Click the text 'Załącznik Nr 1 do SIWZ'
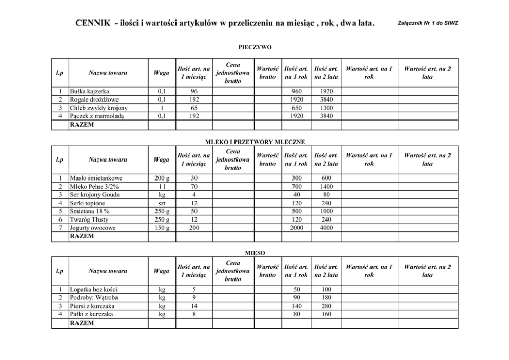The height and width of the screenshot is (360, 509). point(427,24)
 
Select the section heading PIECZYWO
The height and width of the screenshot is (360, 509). point(254,47)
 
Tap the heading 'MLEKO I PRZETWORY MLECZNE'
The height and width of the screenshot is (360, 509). point(254,141)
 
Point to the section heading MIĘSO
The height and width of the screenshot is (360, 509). point(254,253)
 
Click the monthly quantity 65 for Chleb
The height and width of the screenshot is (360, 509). point(193,108)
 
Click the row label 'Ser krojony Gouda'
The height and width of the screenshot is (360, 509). point(95,195)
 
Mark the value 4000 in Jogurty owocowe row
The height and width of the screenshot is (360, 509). point(326,228)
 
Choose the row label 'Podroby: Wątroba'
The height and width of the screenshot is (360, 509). point(95,298)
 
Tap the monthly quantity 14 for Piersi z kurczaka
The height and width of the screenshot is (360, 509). point(193,306)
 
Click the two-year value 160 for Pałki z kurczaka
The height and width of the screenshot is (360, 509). point(326,314)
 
